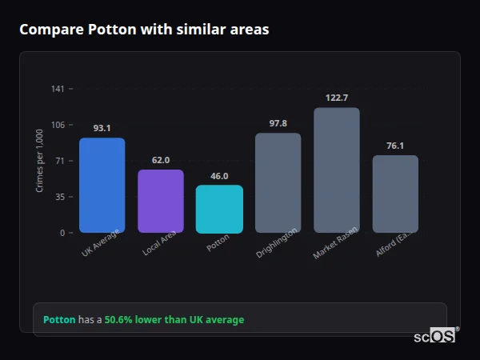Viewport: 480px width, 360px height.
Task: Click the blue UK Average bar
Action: click(102, 186)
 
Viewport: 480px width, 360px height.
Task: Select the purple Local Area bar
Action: click(161, 202)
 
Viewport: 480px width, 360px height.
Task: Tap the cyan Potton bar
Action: click(219, 210)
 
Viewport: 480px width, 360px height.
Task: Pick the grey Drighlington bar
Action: click(278, 183)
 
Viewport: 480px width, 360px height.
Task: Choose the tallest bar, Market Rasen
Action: click(337, 170)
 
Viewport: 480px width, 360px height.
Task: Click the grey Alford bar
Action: click(395, 194)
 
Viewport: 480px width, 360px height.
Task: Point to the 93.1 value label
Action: click(102, 128)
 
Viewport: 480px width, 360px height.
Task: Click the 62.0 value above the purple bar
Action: click(161, 160)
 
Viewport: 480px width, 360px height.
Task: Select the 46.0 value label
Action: click(219, 176)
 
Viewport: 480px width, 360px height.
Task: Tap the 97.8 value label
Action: click(278, 123)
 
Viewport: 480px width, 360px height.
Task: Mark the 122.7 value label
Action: click(337, 98)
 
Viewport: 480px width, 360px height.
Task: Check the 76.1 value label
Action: click(395, 146)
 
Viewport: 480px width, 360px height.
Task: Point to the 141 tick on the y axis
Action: click(58, 89)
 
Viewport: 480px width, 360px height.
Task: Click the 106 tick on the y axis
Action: click(58, 125)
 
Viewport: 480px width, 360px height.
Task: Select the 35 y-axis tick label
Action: click(59, 197)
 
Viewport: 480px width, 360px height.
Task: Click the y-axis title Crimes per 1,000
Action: click(39, 161)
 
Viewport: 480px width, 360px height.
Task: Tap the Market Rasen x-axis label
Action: click(334, 242)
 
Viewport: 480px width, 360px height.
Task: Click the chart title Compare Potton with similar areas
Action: click(144, 30)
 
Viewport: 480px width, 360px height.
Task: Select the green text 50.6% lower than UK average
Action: click(174, 320)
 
